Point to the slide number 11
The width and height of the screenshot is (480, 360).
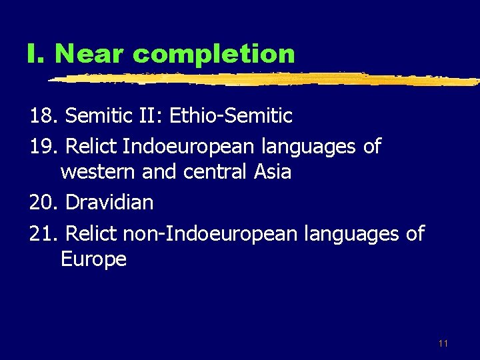[443, 344]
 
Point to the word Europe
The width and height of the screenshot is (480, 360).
[93, 259]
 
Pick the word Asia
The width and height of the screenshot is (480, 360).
[273, 172]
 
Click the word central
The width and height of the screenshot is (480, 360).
[215, 172]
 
